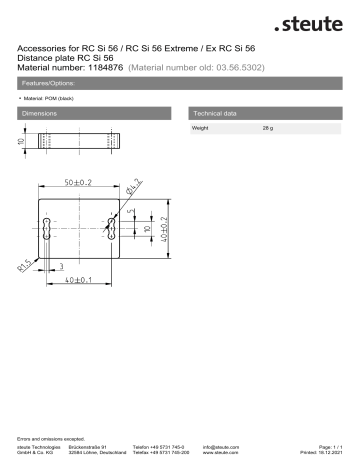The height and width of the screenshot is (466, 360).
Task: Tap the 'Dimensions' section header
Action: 41,115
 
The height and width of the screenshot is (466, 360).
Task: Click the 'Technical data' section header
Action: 218,115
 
